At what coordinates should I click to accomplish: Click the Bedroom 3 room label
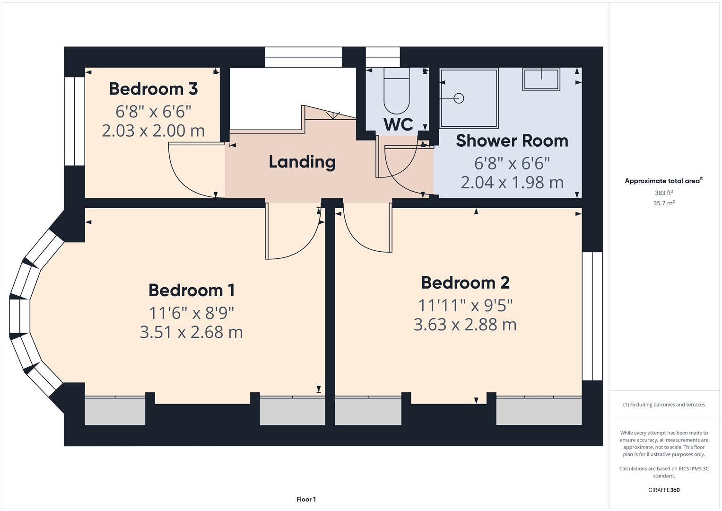pyautogui.click(x=153, y=89)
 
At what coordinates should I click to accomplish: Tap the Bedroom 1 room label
pyautogui.click(x=191, y=290)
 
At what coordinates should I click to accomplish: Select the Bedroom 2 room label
pyautogui.click(x=465, y=282)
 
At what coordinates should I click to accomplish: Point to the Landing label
pyautogui.click(x=302, y=162)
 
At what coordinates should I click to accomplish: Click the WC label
pyautogui.click(x=398, y=124)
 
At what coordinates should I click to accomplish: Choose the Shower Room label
pyautogui.click(x=512, y=141)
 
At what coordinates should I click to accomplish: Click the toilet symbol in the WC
pyautogui.click(x=396, y=92)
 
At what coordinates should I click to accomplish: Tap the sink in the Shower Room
pyautogui.click(x=541, y=79)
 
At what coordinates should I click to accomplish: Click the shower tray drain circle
pyautogui.click(x=459, y=98)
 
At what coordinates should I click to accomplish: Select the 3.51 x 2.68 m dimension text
pyautogui.click(x=191, y=332)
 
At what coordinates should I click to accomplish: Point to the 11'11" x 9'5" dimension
pyautogui.click(x=465, y=306)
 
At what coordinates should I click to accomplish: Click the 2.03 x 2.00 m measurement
pyautogui.click(x=153, y=131)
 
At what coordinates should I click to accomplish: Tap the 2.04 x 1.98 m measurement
pyautogui.click(x=512, y=182)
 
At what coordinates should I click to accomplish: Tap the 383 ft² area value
pyautogui.click(x=663, y=193)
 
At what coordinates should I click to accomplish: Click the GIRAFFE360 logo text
pyautogui.click(x=663, y=490)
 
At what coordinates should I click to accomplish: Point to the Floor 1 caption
pyautogui.click(x=306, y=499)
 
